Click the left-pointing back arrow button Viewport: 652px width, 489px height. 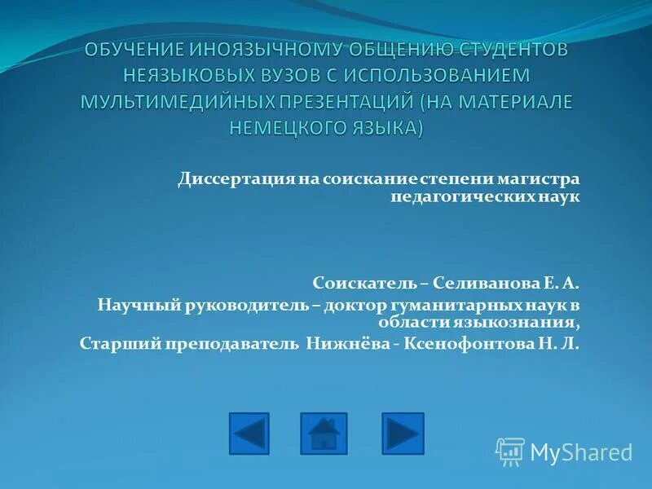pyautogui.click(x=249, y=434)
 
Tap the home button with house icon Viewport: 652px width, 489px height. pyautogui.click(x=324, y=434)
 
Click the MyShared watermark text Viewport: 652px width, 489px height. pyautogui.click(x=580, y=452)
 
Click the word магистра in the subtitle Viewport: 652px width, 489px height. pyautogui.click(x=546, y=178)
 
